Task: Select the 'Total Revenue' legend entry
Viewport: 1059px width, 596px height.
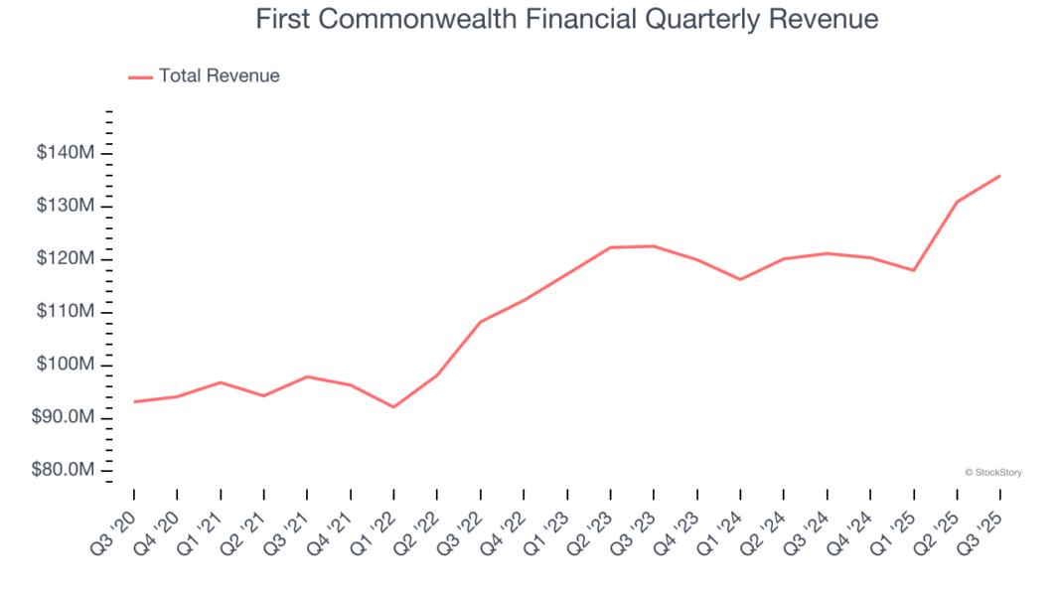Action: point(219,75)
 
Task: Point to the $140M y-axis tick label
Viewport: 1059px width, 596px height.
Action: point(67,153)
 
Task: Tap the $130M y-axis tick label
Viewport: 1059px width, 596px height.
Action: point(67,206)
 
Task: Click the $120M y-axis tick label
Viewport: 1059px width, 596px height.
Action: point(67,259)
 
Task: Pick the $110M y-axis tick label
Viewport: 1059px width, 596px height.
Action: point(67,312)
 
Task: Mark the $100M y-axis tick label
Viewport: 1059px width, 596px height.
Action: point(67,365)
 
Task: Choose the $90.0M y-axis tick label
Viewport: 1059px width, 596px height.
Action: point(64,417)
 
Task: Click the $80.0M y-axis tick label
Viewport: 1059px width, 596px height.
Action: point(64,470)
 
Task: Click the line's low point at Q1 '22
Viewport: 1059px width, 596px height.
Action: point(393,407)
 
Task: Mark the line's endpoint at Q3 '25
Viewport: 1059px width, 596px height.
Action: point(999,176)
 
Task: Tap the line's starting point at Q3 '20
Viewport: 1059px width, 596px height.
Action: point(133,401)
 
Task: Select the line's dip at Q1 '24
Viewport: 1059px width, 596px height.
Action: point(740,279)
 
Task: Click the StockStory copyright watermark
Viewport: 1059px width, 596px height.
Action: point(992,473)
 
